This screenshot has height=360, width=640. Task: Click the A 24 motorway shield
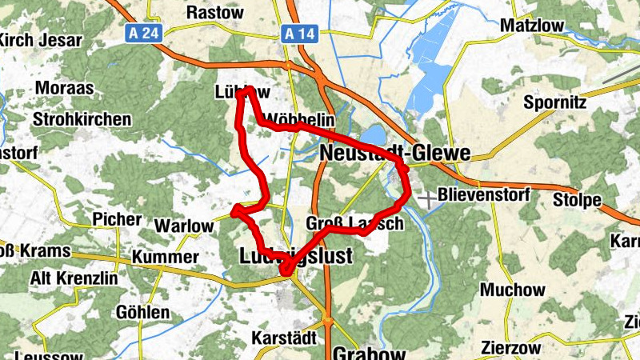click(143, 34)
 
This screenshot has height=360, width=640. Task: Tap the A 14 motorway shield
click(296, 34)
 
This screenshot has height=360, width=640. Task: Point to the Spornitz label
click(554, 102)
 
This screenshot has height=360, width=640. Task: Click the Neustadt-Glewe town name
click(394, 153)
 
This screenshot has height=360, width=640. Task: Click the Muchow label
click(513, 290)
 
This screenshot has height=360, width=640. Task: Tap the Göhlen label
click(144, 311)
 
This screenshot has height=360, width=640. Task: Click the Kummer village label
click(165, 257)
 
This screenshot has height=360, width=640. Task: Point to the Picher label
click(117, 219)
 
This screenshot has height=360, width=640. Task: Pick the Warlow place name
click(183, 226)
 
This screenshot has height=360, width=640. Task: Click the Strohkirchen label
click(82, 119)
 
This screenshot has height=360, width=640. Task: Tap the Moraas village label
click(64, 88)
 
